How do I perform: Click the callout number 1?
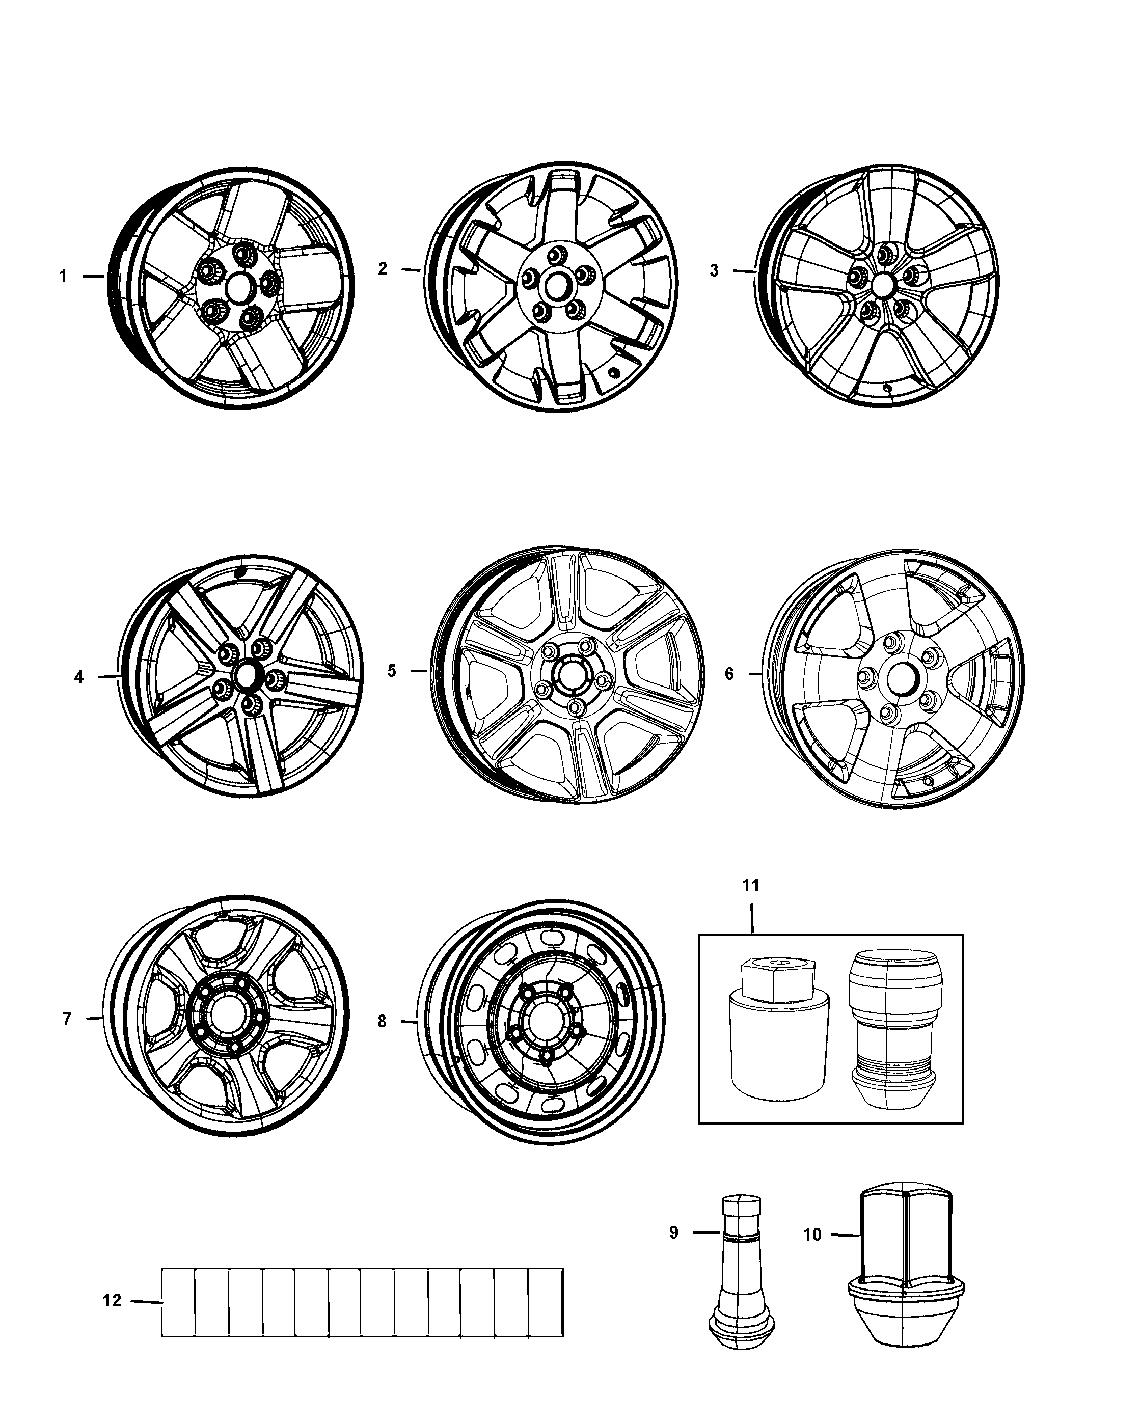[64, 277]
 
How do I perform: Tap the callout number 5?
[392, 671]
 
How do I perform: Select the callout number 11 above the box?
[751, 885]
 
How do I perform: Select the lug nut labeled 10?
[906, 1269]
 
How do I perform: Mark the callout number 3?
[714, 270]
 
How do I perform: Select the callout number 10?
[812, 1235]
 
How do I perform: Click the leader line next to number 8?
[409, 1022]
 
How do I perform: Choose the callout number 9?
[674, 1233]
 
